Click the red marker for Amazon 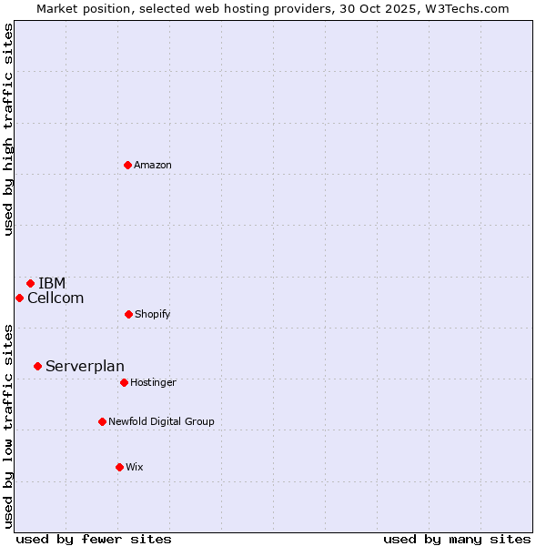click(x=127, y=165)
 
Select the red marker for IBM click(x=30, y=283)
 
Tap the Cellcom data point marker click(x=19, y=298)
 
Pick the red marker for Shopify click(x=128, y=314)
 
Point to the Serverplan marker click(x=37, y=366)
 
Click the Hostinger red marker click(x=124, y=382)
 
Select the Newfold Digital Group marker click(x=102, y=421)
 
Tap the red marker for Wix click(x=119, y=467)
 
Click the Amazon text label click(x=153, y=165)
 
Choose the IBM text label click(x=52, y=283)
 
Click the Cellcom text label click(x=56, y=298)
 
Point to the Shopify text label click(x=153, y=314)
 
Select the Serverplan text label click(x=85, y=366)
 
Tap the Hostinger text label click(x=153, y=382)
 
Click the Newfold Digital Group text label click(x=161, y=421)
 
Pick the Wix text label click(x=135, y=467)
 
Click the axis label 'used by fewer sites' click(x=94, y=539)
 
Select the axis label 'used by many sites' click(x=457, y=539)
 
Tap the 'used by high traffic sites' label click(x=8, y=129)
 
